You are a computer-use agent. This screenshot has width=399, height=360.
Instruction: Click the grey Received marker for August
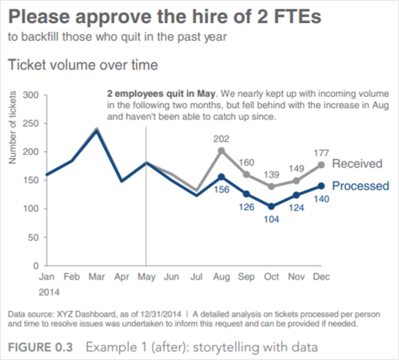coord(221,151)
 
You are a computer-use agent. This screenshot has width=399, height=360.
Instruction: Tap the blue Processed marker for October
coord(271,206)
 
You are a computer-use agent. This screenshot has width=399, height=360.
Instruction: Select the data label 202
coord(221,139)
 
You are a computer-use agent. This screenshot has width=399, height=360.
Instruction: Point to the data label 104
coord(271,219)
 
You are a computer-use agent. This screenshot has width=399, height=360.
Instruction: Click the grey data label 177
coord(321,153)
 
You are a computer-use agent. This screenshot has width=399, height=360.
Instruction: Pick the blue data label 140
coord(321,198)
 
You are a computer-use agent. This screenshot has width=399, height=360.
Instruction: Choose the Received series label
coord(357,164)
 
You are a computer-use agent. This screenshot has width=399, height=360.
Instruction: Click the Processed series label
coord(360,186)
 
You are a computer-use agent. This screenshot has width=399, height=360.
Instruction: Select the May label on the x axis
coord(147,277)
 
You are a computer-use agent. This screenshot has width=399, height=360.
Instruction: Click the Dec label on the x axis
coord(321,277)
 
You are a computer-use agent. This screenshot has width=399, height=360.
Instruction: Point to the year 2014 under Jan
coord(49,292)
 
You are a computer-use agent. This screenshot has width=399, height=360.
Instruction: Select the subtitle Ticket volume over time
coord(83,65)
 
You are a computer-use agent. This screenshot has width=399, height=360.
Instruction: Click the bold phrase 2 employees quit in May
coord(161,93)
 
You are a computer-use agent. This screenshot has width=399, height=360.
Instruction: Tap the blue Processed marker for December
coord(321,185)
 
